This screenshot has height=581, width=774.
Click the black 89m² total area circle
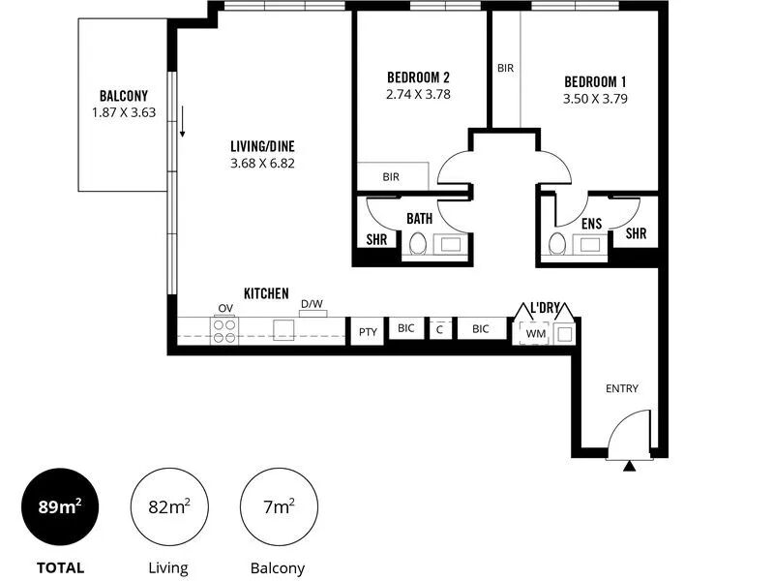60,506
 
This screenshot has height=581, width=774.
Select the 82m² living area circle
169,506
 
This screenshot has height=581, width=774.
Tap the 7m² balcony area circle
279,506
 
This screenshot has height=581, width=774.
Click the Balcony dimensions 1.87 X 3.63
124,112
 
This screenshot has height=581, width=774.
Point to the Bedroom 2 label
418,77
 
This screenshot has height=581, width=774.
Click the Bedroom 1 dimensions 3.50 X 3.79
595,99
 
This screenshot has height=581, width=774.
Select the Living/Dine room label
262,146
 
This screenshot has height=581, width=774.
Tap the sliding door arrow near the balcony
182,121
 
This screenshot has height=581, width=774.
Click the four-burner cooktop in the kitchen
224,331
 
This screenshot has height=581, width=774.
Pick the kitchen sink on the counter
283,330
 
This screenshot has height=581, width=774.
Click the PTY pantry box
368,332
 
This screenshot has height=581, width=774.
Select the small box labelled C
440,329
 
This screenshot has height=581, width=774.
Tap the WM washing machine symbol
535,333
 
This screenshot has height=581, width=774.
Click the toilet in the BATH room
418,244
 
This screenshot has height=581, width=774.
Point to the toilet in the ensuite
557,244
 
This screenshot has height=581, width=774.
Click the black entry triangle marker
629,466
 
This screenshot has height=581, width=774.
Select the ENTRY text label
622,389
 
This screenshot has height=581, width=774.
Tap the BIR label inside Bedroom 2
391,177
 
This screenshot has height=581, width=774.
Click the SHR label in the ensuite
636,233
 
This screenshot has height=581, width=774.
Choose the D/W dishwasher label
312,304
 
